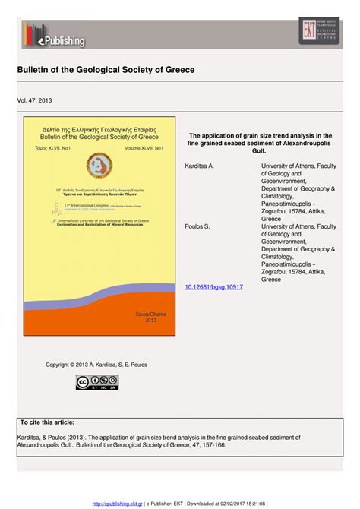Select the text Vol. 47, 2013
35,100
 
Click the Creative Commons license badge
92,382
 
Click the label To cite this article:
47,422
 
